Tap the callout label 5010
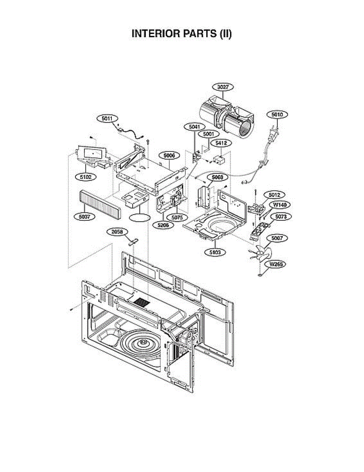[277, 115]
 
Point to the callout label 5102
[86, 177]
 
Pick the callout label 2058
[117, 232]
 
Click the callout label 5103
[215, 252]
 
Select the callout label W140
[280, 205]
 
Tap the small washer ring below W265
[260, 275]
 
